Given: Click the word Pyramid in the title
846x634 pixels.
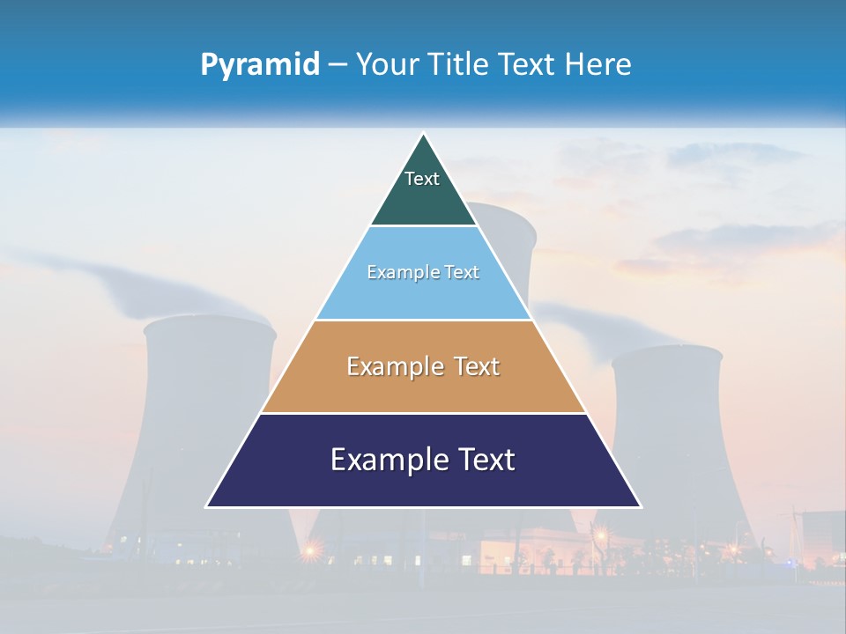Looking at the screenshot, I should [260, 65].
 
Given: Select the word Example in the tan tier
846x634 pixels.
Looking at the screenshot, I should [392, 366].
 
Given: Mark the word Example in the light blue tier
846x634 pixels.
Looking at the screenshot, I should [396, 272].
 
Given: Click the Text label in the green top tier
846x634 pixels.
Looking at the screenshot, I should [421, 179].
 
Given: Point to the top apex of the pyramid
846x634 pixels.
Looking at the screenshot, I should [424, 135].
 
